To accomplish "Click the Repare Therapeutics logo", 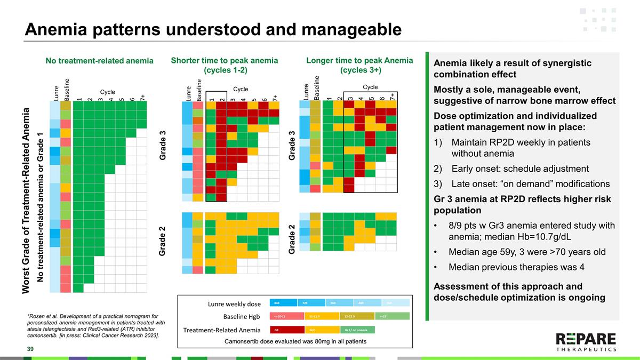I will tap(586, 342).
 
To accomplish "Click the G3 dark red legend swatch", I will tap(286, 330).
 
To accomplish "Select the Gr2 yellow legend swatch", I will tap(322, 330).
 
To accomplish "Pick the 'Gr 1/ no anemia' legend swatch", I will tap(357, 330).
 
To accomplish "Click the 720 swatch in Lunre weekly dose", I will tap(310, 302).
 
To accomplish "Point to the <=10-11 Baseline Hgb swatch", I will tap(286, 316).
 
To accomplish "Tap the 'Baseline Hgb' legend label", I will tap(242, 317).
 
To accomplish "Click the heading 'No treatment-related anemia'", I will tap(99, 61).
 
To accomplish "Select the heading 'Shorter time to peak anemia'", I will tap(224, 61).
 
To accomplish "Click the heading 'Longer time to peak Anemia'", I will tap(360, 61).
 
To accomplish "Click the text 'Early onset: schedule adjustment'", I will tap(519, 169).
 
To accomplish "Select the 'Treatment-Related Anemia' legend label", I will tap(222, 330).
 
